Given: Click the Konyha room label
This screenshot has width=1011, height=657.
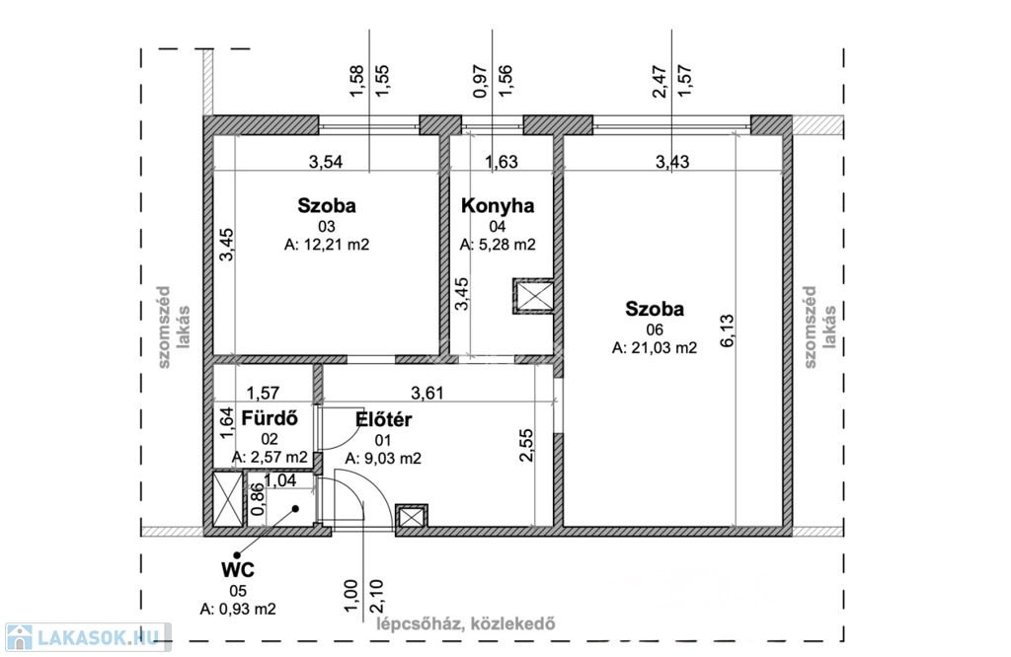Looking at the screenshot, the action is pos(498,205).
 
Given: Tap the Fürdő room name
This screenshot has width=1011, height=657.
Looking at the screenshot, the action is pos(270,418).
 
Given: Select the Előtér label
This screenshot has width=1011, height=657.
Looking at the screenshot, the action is pos(384,419).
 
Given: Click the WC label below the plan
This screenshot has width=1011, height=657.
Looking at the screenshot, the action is pos(238,570).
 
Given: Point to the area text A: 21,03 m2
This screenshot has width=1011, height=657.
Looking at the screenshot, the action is pos(655,348).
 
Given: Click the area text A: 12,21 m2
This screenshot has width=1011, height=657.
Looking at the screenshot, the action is pos(327,245).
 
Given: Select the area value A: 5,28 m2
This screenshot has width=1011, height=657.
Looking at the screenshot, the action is pos(498,245).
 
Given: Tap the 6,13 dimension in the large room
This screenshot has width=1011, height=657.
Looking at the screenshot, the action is pos(727,330).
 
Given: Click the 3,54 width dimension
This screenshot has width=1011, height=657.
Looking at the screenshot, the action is pos(326,162).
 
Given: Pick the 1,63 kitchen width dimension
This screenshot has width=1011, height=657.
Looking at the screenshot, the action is pos(501,162).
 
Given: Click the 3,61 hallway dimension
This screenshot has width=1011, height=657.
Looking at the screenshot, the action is pos(427,393).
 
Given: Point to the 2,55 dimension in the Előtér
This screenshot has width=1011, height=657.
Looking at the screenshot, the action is pos(526,445).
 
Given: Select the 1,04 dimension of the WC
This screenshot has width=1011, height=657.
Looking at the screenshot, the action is pos(280,479).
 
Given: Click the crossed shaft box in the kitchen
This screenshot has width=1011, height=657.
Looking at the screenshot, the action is pos(533,296).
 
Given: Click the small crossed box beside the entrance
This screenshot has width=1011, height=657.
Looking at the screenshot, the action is pos(412,517).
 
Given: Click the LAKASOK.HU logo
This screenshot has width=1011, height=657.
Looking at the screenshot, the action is pos(88,637).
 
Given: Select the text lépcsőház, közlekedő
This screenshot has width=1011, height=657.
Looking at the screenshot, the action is pos(466,623).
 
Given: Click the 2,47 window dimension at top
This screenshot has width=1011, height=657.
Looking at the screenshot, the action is pos(660,81).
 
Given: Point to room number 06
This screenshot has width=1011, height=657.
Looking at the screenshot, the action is pos(655,329).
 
